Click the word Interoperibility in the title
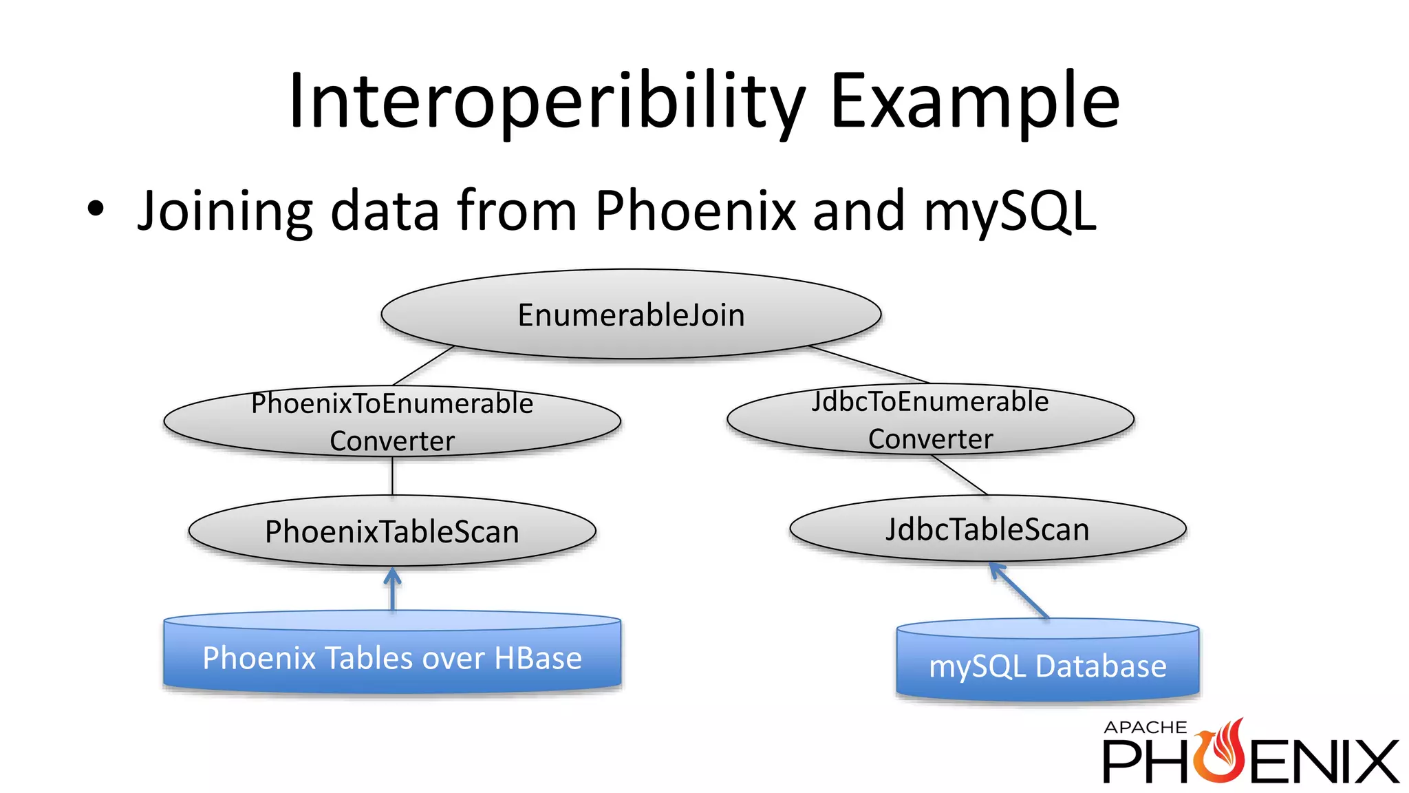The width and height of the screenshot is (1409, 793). coord(546,102)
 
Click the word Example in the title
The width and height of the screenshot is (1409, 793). coord(975,102)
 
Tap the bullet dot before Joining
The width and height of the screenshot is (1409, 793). coord(96,209)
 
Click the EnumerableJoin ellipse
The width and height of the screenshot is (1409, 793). coord(631,315)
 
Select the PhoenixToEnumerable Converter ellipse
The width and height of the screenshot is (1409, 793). coord(392,421)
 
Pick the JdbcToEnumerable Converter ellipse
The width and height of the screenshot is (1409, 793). coord(930,419)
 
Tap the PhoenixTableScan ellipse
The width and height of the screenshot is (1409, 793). coord(392,531)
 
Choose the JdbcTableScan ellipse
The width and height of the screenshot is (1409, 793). coord(987,529)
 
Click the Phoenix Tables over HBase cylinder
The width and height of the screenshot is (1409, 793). coord(392,657)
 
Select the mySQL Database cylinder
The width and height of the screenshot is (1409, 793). coord(1047,665)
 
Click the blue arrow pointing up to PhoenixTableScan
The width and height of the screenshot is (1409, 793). coord(392,591)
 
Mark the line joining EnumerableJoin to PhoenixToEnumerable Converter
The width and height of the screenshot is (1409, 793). coord(424,366)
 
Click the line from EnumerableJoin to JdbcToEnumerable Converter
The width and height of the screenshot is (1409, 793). coord(870,365)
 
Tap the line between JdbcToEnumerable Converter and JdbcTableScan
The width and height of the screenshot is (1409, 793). coord(960,475)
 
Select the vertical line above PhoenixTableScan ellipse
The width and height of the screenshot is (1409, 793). coord(392,476)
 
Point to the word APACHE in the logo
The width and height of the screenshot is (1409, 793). coord(1145,728)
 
